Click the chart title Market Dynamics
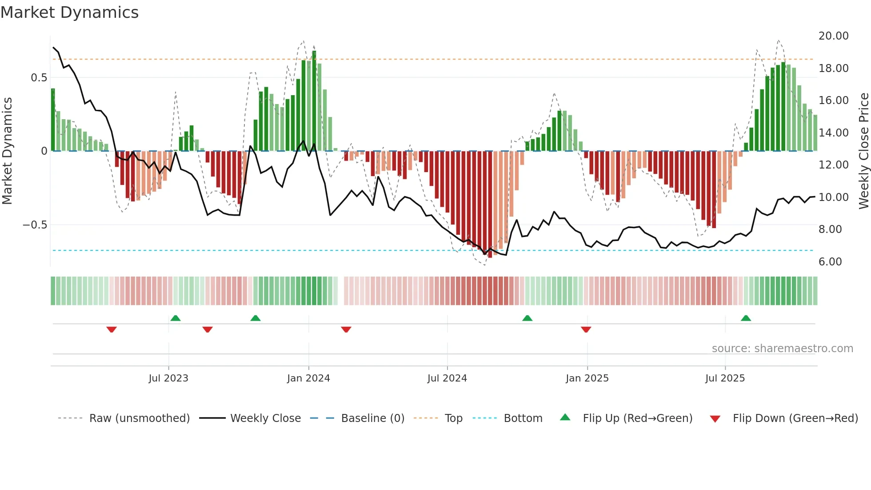pos(69,12)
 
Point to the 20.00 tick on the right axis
pos(833,36)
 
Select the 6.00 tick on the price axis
pos(830,262)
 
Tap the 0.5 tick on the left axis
pos(39,78)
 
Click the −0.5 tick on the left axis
pos(35,225)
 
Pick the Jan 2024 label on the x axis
pos(308,378)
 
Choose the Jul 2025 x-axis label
pos(725,378)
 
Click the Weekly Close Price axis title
pos(863,151)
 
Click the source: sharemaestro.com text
pos(782,349)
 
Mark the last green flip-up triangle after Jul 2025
pos(746,318)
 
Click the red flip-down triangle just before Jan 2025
pos(586,329)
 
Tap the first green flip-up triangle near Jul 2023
pos(176,318)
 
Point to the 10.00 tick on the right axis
pos(833,197)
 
